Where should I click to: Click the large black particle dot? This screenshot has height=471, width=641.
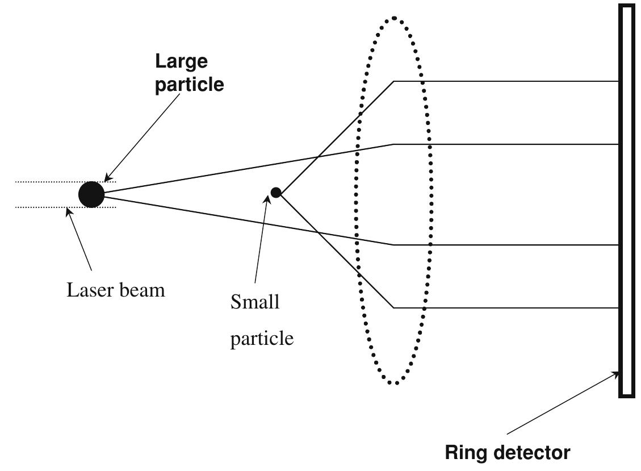tap(91, 194)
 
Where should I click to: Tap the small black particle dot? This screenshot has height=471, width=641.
tap(276, 193)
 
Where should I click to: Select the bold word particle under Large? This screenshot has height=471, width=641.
tap(189, 84)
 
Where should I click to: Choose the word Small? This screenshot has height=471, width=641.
tap(255, 302)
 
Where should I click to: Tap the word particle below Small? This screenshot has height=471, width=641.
tap(262, 339)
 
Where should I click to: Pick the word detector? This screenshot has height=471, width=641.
tap(532, 453)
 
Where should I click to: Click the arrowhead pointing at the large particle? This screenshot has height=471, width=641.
tap(108, 178)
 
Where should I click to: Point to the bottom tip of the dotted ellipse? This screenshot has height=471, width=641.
tap(395, 383)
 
